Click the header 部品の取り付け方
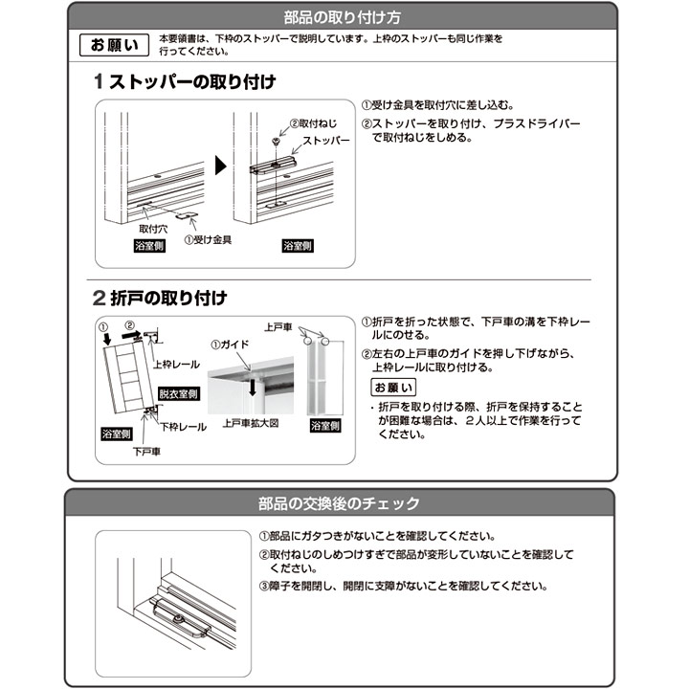(x=342, y=17)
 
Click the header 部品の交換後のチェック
(x=339, y=503)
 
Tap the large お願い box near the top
(x=114, y=45)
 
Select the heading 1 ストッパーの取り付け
(x=185, y=81)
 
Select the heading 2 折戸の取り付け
(x=160, y=298)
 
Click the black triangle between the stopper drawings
(x=220, y=166)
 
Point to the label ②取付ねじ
(x=313, y=123)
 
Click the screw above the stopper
(x=276, y=142)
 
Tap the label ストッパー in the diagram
(x=326, y=141)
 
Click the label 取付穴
(x=153, y=229)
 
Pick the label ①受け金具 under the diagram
(x=208, y=240)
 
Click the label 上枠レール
(x=176, y=365)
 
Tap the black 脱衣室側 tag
(x=179, y=393)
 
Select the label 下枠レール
(x=183, y=427)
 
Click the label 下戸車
(x=146, y=452)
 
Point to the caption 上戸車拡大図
(x=251, y=423)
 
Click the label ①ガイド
(x=230, y=344)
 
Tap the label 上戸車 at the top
(x=278, y=327)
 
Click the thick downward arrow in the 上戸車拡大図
(x=253, y=386)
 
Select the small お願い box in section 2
(x=393, y=388)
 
